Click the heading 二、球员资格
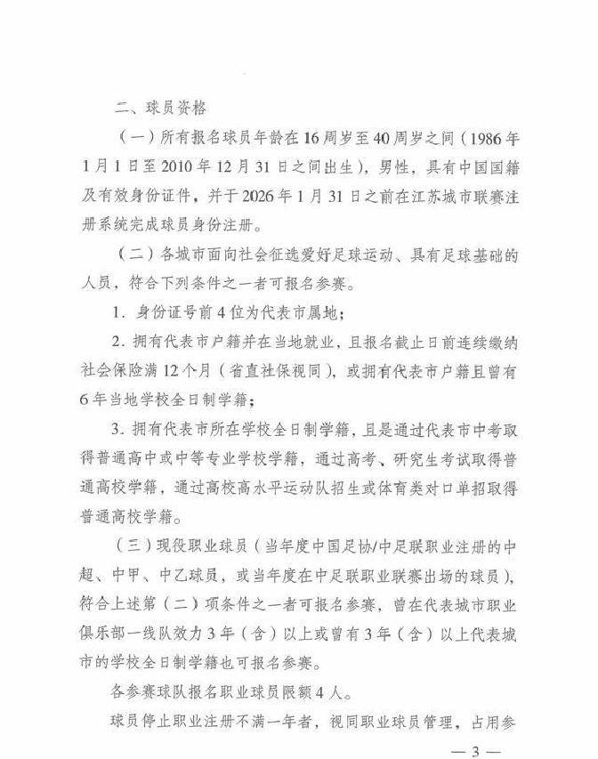tap(161, 108)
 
